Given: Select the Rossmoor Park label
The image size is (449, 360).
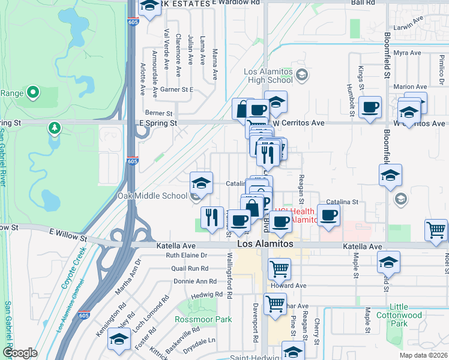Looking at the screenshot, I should click(x=203, y=319).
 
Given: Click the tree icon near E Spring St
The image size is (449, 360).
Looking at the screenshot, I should click(x=55, y=128).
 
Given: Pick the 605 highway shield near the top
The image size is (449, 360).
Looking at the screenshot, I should click(x=131, y=22).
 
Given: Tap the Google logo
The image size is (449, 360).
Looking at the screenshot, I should click(x=19, y=353).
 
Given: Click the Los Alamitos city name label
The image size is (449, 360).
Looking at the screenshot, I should click(x=265, y=245).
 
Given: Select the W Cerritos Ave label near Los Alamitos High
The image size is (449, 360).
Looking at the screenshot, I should click(x=299, y=122).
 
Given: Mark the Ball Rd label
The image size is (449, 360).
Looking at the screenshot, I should click(x=363, y=3).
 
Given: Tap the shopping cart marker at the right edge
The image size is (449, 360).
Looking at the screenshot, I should click(x=435, y=230).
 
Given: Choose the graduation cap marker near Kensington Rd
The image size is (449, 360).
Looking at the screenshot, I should click(x=119, y=340).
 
